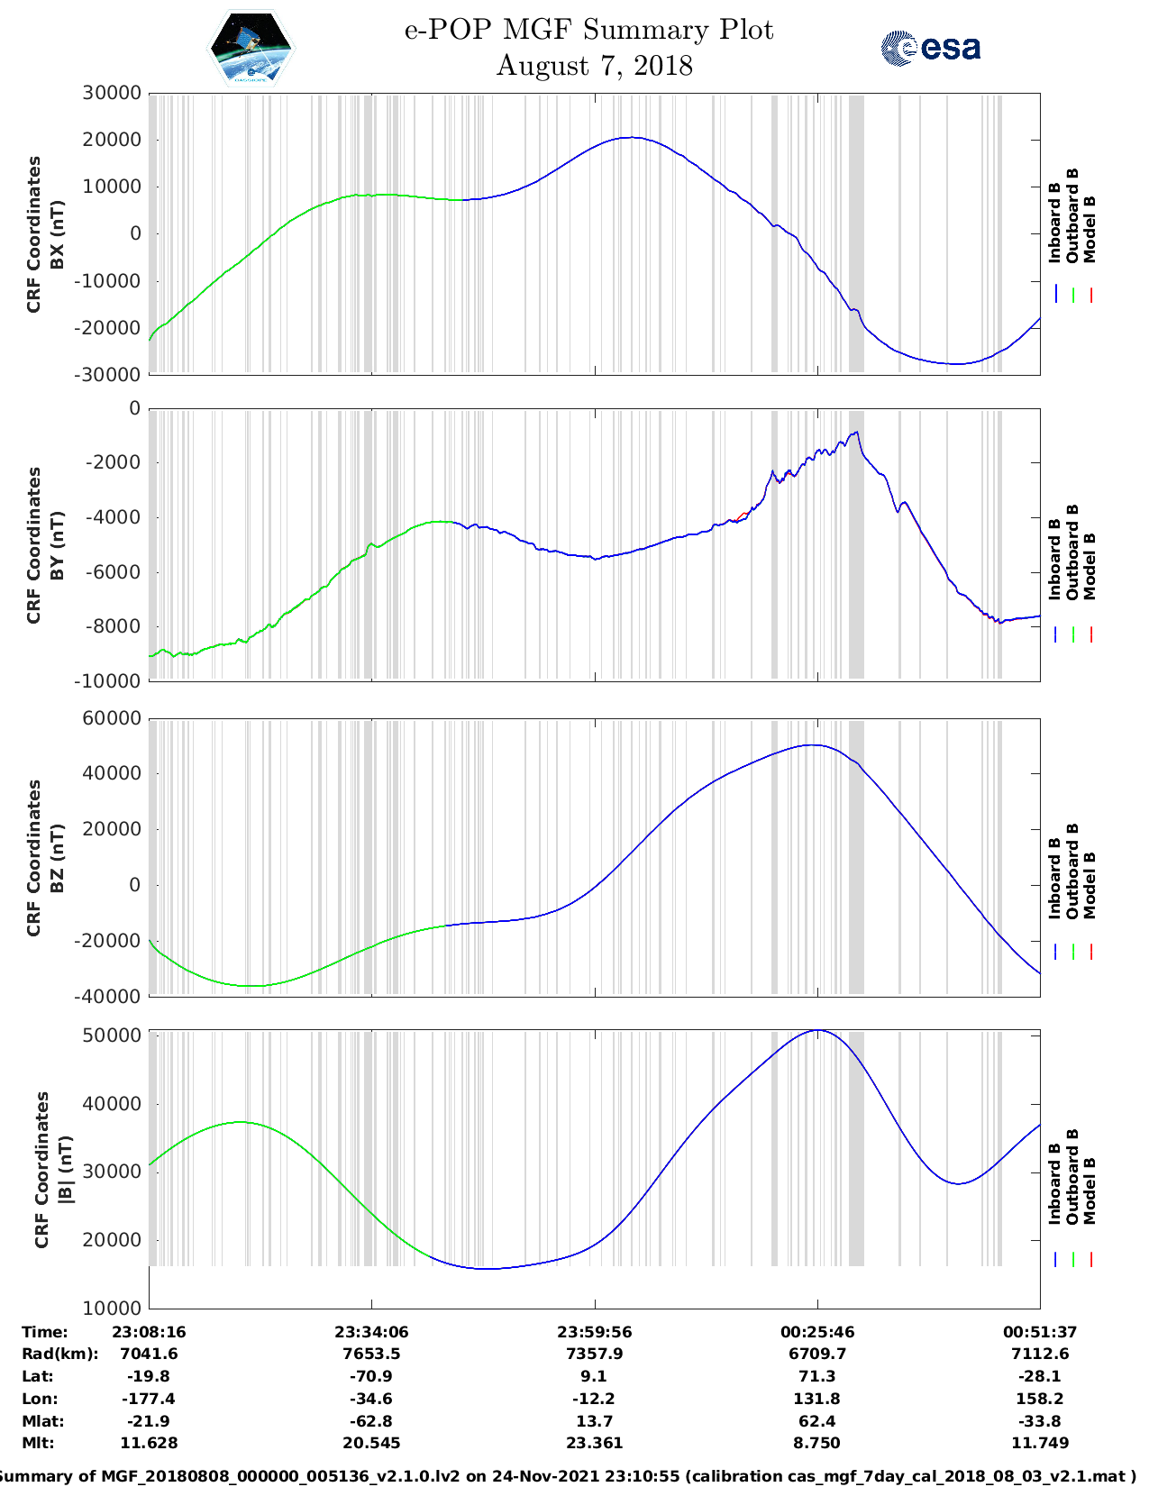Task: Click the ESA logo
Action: pos(930,48)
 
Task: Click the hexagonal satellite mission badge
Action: pos(251,48)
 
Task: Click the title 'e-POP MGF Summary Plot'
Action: pos(588,30)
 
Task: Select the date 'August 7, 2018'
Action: pos(594,66)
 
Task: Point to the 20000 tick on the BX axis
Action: pos(112,140)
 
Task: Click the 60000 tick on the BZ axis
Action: pos(112,718)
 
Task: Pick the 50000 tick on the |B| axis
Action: pos(112,1035)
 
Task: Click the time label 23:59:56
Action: pos(594,1331)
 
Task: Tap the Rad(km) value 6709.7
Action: pos(816,1354)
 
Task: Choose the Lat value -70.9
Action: pos(371,1376)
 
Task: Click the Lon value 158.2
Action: pos(1039,1399)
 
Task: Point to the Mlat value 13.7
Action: pos(594,1420)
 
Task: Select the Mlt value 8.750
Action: pos(816,1443)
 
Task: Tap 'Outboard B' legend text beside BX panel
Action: pos(1072,216)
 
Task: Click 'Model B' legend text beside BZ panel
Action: pos(1090,885)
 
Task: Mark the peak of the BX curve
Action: pos(632,138)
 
